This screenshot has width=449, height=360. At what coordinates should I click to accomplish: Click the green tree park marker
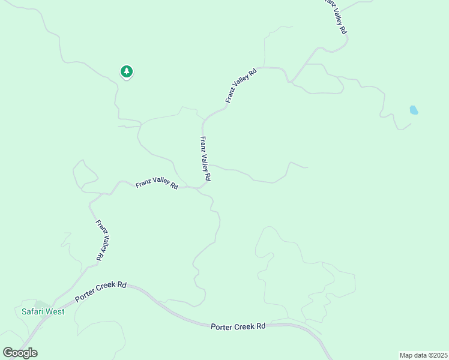(126, 72)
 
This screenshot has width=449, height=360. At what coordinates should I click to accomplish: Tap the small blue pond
(414, 110)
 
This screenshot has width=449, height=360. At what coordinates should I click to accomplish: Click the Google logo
(20, 353)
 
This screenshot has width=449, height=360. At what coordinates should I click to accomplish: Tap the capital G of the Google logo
(8, 352)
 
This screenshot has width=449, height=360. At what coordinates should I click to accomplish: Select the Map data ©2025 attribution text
(423, 355)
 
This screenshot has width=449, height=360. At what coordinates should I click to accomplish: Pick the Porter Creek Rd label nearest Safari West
(101, 290)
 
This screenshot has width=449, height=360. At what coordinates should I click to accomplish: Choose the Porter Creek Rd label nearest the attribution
(238, 326)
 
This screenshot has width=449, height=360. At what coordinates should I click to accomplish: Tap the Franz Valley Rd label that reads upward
(241, 85)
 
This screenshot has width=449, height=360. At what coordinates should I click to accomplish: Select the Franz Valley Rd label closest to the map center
(205, 159)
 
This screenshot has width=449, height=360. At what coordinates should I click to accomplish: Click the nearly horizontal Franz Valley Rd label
(157, 184)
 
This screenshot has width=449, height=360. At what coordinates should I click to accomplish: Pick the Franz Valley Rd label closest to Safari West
(102, 240)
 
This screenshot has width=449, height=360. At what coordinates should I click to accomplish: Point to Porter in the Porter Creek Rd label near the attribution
(221, 326)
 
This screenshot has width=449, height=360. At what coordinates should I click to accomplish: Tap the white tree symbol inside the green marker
(126, 71)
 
